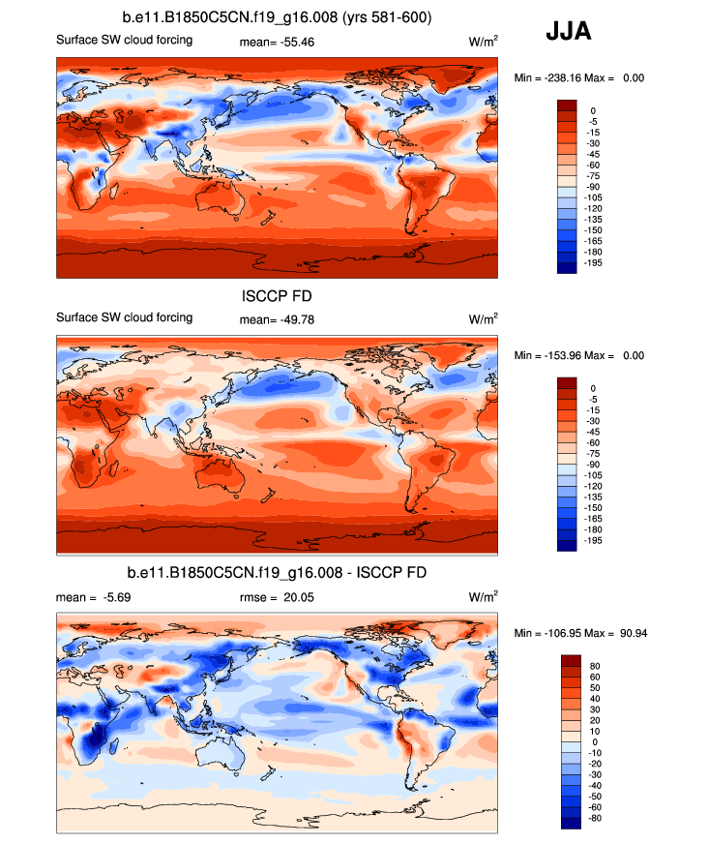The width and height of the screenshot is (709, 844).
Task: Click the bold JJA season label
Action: (x=568, y=31)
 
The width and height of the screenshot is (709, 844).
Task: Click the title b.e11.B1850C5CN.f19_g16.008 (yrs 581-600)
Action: (x=278, y=18)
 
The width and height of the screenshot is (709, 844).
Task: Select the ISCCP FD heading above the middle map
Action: (x=277, y=297)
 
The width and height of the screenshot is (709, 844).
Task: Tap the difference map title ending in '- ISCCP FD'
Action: (x=278, y=574)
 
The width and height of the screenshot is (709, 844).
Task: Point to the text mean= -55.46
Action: (x=275, y=43)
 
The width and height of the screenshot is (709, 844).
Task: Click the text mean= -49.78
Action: (x=275, y=319)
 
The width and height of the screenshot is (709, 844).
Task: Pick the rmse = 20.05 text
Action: (x=275, y=597)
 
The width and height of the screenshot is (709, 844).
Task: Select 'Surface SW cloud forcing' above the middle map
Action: (x=125, y=317)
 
